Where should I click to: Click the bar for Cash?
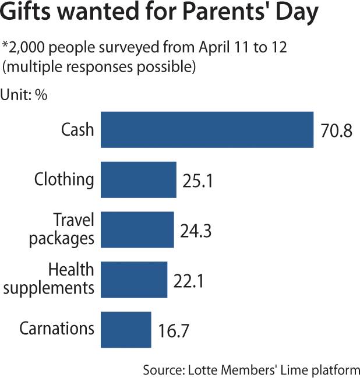point(207,129)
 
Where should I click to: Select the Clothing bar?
point(139,180)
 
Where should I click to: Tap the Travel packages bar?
point(137,229)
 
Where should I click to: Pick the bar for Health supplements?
point(134,280)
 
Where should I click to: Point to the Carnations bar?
point(126,329)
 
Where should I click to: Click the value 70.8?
point(336,130)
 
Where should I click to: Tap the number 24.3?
point(195,231)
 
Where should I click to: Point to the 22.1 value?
point(189,281)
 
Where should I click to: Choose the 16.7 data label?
point(173,331)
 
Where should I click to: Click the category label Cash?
point(77,129)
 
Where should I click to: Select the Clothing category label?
point(64,180)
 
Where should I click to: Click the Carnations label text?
point(57,328)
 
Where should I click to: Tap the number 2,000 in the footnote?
point(29,48)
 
